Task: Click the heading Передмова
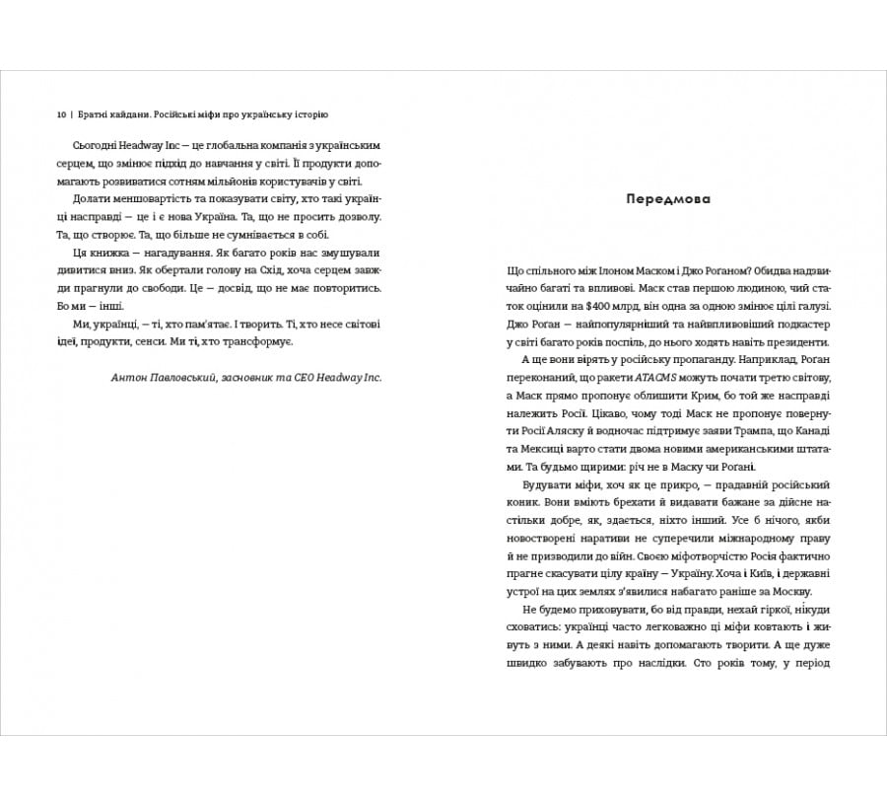[666, 198]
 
